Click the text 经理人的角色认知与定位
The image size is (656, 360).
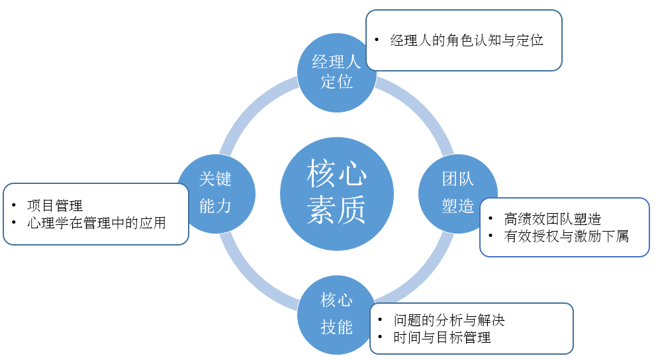467,40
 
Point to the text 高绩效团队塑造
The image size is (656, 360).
552,219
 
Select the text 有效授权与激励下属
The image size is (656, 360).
566,236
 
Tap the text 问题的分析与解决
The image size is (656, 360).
449,321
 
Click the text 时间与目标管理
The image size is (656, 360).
442,337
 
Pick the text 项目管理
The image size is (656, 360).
55,206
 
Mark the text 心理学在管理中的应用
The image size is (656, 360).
97,222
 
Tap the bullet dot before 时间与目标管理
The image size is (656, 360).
380,337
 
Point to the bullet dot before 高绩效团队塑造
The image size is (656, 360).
490,219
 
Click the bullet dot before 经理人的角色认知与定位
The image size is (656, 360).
376,40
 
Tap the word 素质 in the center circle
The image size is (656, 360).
337,213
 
